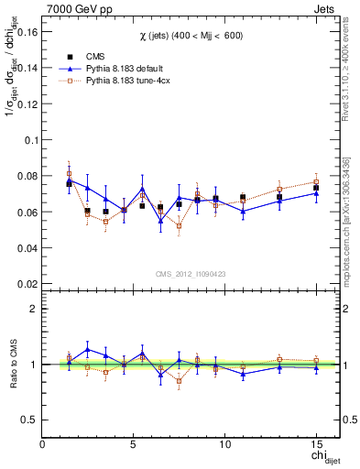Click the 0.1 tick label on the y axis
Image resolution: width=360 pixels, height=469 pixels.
pyautogui.click(x=31, y=140)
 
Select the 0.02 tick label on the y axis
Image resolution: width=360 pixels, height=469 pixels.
pyautogui.click(x=27, y=284)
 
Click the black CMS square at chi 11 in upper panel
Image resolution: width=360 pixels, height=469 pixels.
pyautogui.click(x=243, y=197)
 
